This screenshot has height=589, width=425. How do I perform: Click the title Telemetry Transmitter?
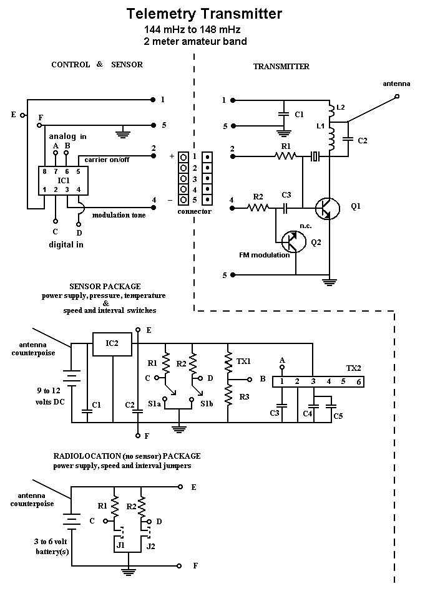pos(204,14)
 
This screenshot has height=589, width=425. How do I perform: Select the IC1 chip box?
pos(63,181)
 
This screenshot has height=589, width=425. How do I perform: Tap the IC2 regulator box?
pos(112,343)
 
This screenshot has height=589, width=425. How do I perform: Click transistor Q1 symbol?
pos(327,208)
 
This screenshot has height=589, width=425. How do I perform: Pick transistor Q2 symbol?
pos(294,242)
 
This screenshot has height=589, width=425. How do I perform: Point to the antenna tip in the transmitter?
pos(397,97)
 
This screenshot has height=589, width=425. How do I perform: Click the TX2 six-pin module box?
pos(318,381)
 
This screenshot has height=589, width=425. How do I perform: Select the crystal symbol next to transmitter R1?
pos(315,156)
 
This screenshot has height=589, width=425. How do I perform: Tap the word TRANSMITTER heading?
pos(281,67)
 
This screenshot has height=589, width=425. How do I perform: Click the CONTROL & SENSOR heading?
pos(97,64)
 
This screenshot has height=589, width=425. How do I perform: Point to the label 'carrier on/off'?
pos(107,160)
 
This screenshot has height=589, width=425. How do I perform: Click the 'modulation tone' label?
pos(119,215)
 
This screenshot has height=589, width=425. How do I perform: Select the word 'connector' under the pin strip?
pos(195,211)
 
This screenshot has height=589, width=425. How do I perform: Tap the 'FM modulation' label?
pos(265,255)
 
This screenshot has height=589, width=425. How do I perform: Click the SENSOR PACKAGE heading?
pos(105,286)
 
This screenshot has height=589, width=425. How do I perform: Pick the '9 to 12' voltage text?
pos(49,391)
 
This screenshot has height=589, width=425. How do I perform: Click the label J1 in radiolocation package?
pos(120,545)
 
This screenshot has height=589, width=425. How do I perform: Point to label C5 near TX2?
pos(338,416)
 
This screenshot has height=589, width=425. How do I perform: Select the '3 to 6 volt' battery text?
pos(51,541)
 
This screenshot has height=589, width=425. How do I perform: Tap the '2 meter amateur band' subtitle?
pos(195,41)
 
